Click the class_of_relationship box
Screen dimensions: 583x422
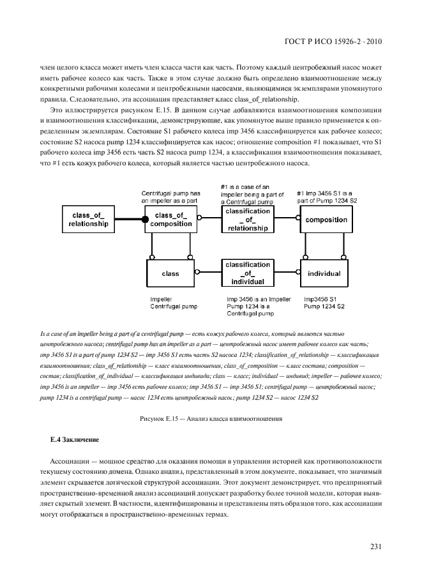click(84, 220)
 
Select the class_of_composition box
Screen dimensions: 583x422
click(170, 220)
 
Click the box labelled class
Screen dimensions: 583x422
click(170, 273)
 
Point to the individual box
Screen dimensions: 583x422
click(324, 273)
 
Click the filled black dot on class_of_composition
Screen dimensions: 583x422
click(146, 220)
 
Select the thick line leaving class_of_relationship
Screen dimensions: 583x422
click(127, 220)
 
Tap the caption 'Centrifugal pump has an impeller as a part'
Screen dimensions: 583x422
click(170, 197)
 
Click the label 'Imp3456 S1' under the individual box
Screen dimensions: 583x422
click(320, 299)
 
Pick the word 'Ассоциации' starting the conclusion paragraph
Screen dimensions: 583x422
click(68, 460)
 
